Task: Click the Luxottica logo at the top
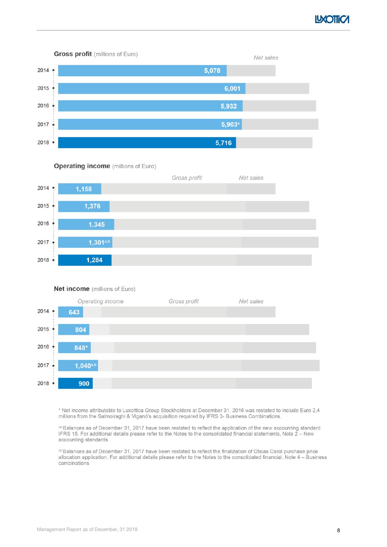tap(332, 19)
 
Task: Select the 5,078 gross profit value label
tap(212, 71)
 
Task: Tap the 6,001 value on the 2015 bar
tap(232, 89)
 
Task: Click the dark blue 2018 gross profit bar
tap(147, 142)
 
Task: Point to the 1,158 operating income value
tap(84, 189)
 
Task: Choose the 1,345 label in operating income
tap(97, 224)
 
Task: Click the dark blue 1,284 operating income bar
tap(85, 260)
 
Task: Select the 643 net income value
tap(74, 312)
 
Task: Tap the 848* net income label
tap(81, 348)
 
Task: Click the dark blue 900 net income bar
tap(75, 383)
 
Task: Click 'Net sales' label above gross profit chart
tap(266, 58)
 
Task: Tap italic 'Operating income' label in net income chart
tap(100, 301)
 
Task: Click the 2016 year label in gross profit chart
tap(43, 106)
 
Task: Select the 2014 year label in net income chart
tap(43, 311)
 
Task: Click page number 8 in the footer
tap(339, 530)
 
